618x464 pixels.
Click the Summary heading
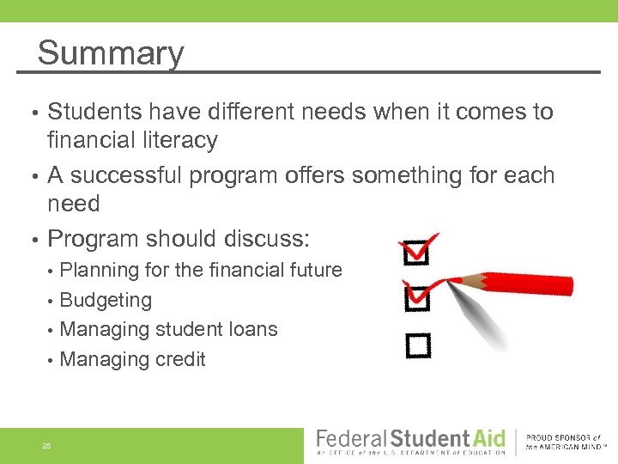coord(111,53)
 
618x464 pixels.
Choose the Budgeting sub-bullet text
coord(106,301)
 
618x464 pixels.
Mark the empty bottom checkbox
coord(417,345)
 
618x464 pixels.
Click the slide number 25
coord(46,445)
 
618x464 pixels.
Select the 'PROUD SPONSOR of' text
coord(563,437)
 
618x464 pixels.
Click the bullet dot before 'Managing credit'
coord(52,360)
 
